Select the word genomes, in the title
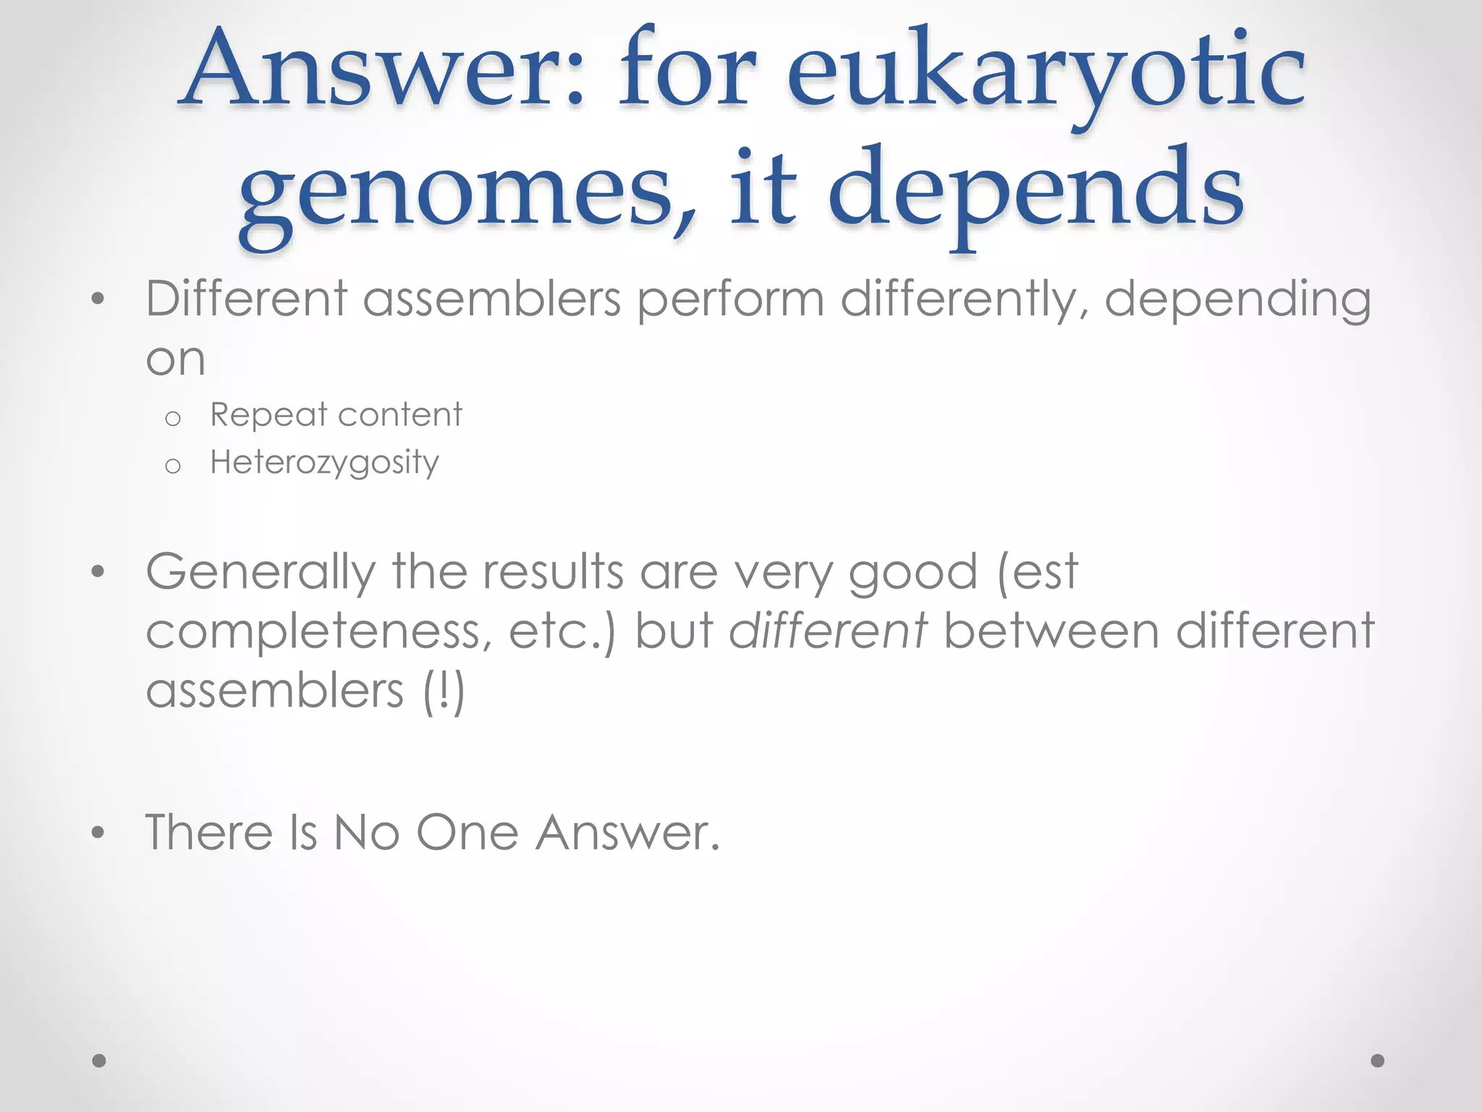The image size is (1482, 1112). (467, 192)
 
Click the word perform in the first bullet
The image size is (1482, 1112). (730, 300)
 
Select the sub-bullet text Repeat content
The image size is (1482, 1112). (336, 415)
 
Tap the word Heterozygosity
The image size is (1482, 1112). (324, 462)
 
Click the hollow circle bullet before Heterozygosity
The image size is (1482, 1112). (172, 466)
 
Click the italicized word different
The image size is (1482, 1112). (828, 631)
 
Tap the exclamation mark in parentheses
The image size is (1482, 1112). (443, 690)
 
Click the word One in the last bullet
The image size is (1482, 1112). (467, 833)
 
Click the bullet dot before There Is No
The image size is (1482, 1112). (98, 833)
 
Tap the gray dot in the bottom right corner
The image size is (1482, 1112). (1378, 1061)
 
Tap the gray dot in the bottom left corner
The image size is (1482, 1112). (99, 1061)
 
